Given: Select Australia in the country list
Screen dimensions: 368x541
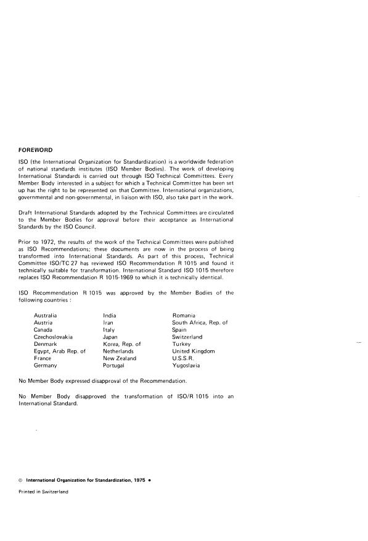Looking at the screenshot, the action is [x=47, y=315].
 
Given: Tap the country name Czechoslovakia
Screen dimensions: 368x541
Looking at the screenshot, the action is [x=53, y=337].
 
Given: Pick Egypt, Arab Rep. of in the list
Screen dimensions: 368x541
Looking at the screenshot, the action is [x=60, y=351].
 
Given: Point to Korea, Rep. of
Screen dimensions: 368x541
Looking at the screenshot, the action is [x=121, y=344].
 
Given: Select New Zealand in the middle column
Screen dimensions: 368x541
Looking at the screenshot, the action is [x=120, y=358].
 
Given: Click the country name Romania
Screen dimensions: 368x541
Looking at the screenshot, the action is [x=184, y=315].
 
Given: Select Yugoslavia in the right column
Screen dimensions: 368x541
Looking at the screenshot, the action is [x=187, y=366].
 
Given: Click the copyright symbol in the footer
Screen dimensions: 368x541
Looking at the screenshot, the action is [x=20, y=479].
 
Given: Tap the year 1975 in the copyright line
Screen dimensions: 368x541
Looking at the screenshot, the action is [x=136, y=479].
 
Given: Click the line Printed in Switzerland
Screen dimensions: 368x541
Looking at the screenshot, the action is [x=43, y=492].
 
